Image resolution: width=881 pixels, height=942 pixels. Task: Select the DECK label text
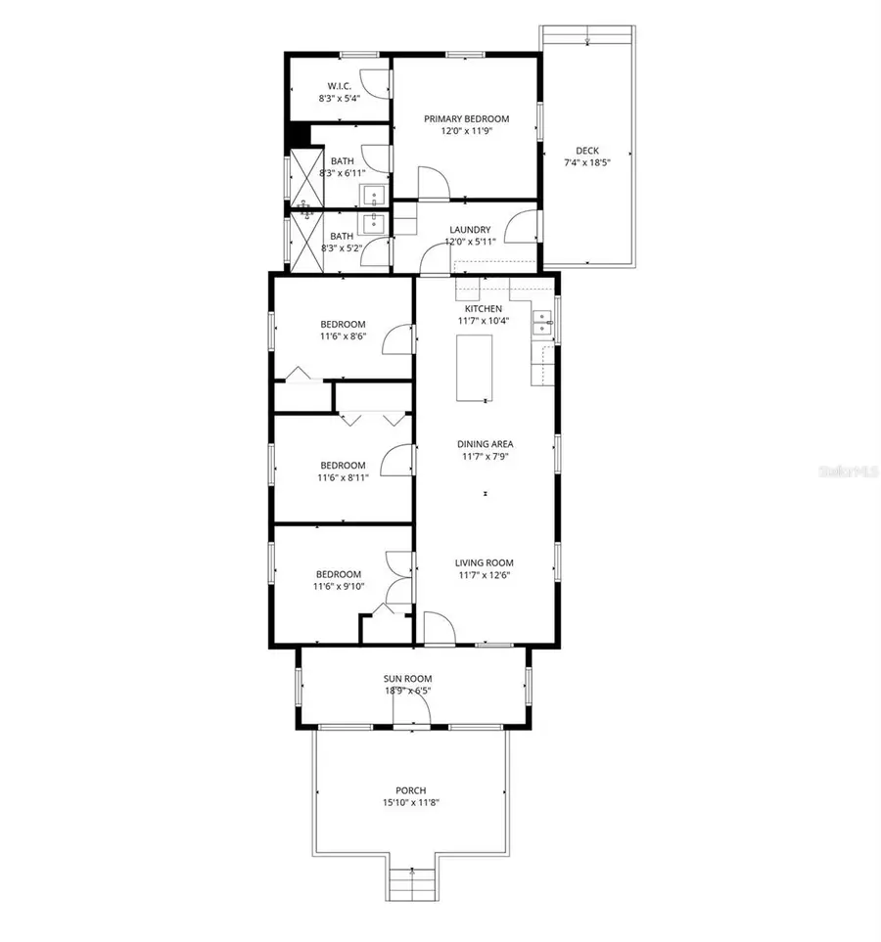[586, 150]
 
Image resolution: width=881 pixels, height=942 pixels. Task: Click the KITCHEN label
[483, 308]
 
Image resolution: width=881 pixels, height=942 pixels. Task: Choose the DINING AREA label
[487, 443]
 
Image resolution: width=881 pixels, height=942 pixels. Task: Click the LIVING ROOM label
[484, 562]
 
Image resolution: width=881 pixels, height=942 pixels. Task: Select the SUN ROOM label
[407, 678]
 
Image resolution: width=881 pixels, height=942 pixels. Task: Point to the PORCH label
[411, 790]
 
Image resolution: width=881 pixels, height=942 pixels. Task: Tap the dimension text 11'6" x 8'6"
[343, 336]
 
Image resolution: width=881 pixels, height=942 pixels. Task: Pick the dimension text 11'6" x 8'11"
[343, 477]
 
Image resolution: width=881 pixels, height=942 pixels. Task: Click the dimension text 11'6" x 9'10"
[338, 587]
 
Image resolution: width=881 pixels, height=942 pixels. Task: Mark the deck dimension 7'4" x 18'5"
[586, 162]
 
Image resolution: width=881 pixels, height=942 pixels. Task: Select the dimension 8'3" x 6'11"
[342, 173]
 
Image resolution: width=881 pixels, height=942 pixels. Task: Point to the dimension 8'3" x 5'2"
[342, 248]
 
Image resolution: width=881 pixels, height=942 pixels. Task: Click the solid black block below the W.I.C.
[298, 135]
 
